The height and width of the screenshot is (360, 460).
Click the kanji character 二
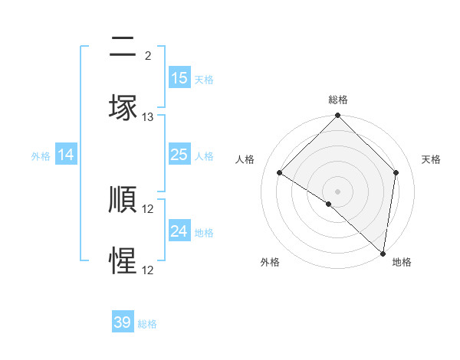(x=123, y=47)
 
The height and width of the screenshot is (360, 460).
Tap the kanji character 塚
(x=123, y=108)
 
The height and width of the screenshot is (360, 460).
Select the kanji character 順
(x=123, y=200)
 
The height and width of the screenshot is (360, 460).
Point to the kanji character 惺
(x=123, y=261)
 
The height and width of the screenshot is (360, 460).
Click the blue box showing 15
(x=179, y=78)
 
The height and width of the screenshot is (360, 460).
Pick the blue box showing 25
(x=179, y=155)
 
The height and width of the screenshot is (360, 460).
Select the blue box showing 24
(x=179, y=231)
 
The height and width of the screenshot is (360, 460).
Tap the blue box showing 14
(x=66, y=155)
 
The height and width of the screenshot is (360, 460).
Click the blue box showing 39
(x=123, y=322)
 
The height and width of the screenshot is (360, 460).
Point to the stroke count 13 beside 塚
(x=148, y=117)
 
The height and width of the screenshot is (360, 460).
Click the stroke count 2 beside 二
(x=148, y=55)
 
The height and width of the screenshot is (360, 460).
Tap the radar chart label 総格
(x=337, y=100)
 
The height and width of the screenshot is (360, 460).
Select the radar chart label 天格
(x=431, y=159)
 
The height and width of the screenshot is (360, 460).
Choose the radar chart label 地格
(x=402, y=262)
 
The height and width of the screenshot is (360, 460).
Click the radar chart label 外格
(x=269, y=262)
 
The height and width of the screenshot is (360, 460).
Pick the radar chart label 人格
(x=245, y=159)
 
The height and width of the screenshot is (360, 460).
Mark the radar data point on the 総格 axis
(x=337, y=117)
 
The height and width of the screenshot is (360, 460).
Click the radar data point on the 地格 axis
(x=383, y=253)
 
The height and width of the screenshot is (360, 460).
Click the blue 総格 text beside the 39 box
(x=148, y=324)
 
